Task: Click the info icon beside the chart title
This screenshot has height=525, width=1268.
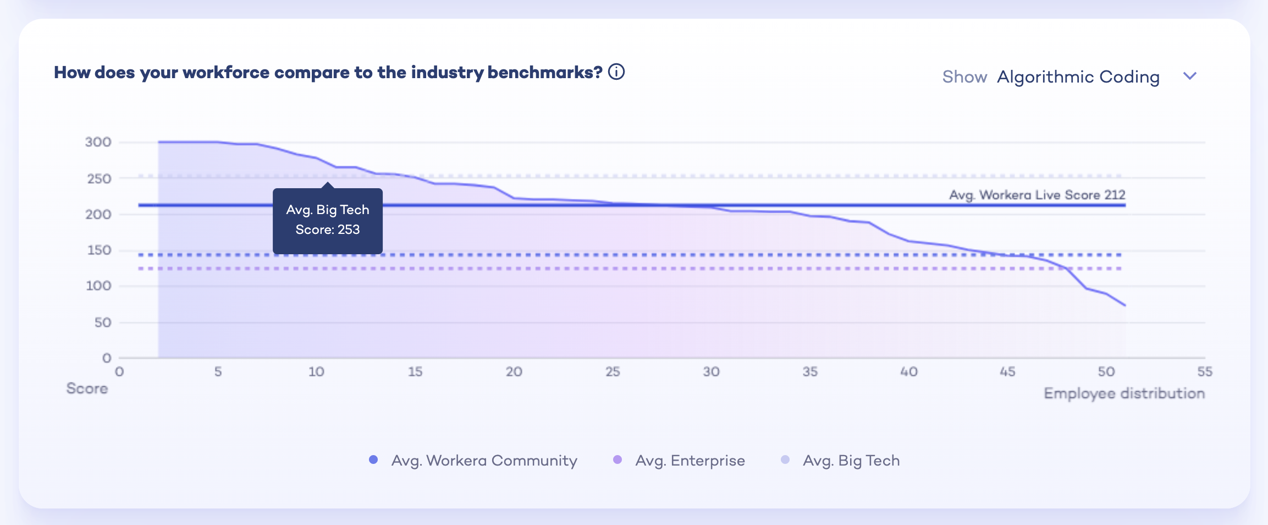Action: pos(616,72)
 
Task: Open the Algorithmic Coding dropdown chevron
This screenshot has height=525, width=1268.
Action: pos(1189,76)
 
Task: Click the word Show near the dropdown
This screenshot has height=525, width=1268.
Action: pos(964,76)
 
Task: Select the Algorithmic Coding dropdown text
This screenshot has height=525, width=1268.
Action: pos(1078,76)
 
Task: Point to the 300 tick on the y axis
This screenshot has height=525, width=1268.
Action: pos(98,142)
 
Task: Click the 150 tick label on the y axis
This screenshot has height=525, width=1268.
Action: pos(100,250)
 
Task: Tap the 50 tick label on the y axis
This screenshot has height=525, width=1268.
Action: pos(103,322)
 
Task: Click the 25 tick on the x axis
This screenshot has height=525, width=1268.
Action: pos(613,372)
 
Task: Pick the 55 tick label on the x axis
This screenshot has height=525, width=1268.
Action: pos(1204,372)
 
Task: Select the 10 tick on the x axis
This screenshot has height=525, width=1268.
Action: pos(316,372)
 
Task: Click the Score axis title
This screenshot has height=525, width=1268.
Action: pos(87,389)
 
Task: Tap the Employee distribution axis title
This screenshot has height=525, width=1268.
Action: pos(1124,393)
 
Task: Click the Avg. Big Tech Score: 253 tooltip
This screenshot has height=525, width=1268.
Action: pos(328,220)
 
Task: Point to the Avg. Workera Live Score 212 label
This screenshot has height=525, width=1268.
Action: pos(1037,195)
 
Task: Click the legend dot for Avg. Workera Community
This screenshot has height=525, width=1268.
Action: pos(373,460)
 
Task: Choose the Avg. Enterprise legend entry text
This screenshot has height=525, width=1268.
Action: pos(690,461)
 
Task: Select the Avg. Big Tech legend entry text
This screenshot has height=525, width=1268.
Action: pos(851,461)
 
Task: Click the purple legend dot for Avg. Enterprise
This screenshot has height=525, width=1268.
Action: pos(618,460)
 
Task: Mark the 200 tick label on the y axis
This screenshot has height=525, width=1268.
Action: pos(98,215)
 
